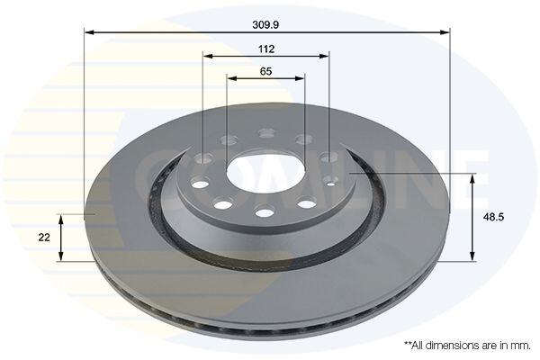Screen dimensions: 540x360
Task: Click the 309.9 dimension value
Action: pyautogui.click(x=265, y=24)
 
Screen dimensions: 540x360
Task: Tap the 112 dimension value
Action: pyautogui.click(x=266, y=49)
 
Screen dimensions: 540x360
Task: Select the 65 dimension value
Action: pyautogui.click(x=265, y=71)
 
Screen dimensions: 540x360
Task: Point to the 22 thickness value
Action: pyautogui.click(x=44, y=238)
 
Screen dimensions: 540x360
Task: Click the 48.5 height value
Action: pyautogui.click(x=493, y=217)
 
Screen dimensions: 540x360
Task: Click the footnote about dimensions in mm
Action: pyautogui.click(x=467, y=346)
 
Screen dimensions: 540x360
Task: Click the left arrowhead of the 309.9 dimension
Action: pyautogui.click(x=89, y=32)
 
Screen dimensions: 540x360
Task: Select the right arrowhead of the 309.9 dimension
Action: pyautogui.click(x=445, y=32)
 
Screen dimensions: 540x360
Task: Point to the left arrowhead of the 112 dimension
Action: pyautogui.click(x=208, y=56)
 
